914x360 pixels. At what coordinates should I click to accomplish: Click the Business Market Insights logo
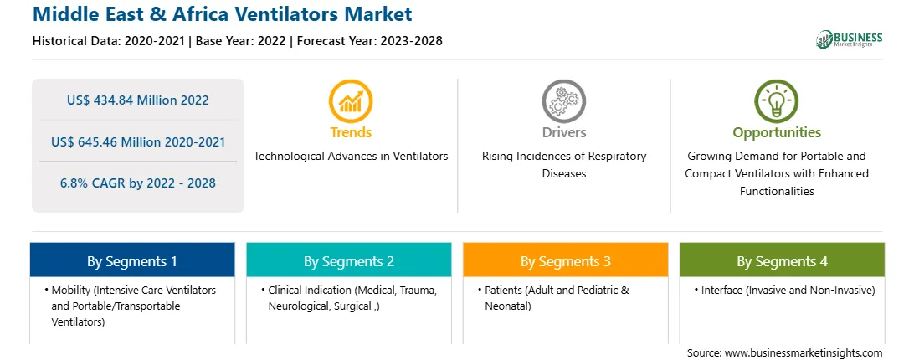tap(850, 39)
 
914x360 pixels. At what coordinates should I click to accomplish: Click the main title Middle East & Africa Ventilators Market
tap(222, 14)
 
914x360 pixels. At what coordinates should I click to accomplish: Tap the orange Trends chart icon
tap(351, 101)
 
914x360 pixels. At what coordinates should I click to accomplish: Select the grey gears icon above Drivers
tap(563, 101)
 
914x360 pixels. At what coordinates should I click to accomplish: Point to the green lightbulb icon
tap(777, 101)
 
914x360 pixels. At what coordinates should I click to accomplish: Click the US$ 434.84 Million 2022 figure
tap(137, 100)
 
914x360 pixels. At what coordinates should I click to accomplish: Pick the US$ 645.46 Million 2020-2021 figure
tap(137, 141)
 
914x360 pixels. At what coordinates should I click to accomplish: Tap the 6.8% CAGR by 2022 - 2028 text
tap(137, 183)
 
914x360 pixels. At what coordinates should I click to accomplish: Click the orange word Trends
tap(351, 132)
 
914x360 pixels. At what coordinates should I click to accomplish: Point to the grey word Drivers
tap(563, 132)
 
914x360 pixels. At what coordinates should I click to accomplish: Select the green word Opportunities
tap(777, 132)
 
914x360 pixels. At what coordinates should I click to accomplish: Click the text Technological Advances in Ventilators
tap(351, 156)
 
